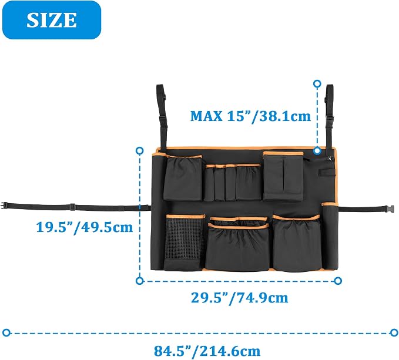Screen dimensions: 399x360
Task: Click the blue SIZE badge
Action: click(x=52, y=20)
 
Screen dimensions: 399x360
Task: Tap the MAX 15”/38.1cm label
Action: click(x=251, y=116)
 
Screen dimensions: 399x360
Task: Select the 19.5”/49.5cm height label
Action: click(x=85, y=227)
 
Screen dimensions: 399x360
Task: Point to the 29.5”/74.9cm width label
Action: click(x=239, y=298)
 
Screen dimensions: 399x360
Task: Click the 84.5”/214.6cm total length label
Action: click(x=207, y=351)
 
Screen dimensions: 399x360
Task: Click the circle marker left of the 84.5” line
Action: click(x=6, y=332)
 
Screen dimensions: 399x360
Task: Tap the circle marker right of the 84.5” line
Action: click(x=394, y=332)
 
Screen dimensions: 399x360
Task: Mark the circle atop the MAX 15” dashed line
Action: click(x=317, y=84)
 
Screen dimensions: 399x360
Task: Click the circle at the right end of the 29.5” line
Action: click(x=338, y=281)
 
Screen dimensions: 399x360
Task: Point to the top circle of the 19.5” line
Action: click(x=139, y=151)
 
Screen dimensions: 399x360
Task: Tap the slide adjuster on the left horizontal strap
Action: click(x=72, y=207)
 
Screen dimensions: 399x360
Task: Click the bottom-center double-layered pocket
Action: click(x=238, y=244)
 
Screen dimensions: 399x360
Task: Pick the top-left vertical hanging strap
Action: click(x=162, y=116)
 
